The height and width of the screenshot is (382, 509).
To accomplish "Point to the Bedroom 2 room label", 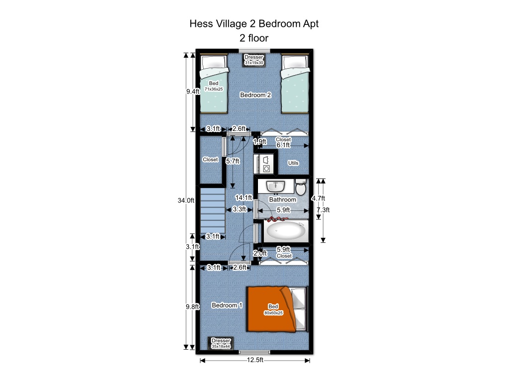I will pos(255,95).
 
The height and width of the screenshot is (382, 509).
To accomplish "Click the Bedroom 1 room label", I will pos(227,305).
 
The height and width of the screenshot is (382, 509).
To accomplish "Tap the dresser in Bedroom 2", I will pos(254,60).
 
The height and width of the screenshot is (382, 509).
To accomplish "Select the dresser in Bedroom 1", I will pos(221,343).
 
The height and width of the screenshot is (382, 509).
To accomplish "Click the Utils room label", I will pos(293,163).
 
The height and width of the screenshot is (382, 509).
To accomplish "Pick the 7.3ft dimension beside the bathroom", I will pos(323,209).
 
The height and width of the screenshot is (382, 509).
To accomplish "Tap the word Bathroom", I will pos(282,199).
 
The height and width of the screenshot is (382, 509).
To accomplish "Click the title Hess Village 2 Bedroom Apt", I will pos(254,23).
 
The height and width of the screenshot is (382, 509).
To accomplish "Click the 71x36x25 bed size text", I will pos(214,89).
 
